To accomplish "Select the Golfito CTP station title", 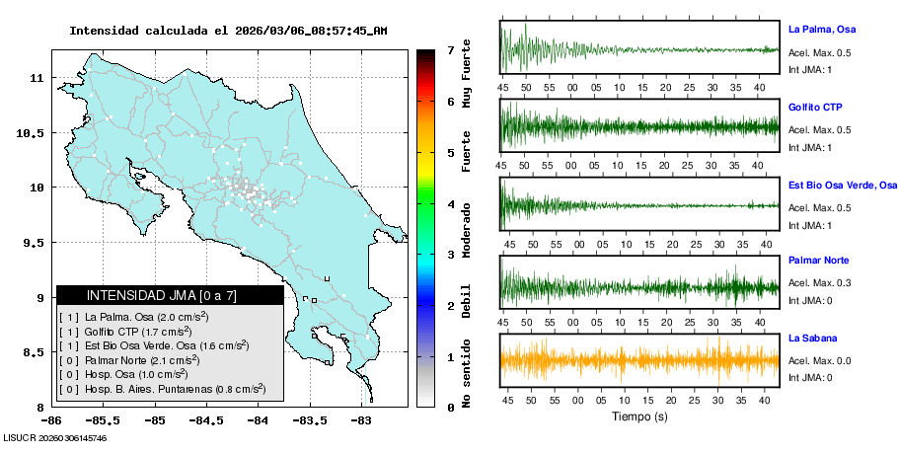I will pos(815,107).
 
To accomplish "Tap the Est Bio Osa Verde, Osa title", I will pos(842,185).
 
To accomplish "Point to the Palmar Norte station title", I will pos(818,261).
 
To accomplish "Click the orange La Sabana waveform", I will pos(639,359).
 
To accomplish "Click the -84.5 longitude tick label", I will pos(207,421).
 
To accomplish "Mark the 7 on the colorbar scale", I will pos(450,49).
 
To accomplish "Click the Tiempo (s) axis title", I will pos(639,416).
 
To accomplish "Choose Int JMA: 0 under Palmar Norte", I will pos(809,300).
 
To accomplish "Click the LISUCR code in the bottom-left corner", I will pos(54,437).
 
